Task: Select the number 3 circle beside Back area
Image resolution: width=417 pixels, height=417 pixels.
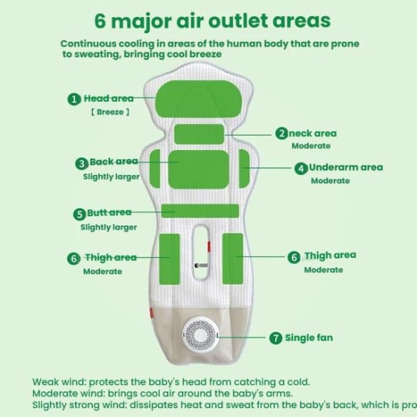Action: click(x=82, y=163)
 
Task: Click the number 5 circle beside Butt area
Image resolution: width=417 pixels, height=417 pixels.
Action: click(x=79, y=213)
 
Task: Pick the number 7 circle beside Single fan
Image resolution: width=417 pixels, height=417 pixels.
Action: click(x=276, y=338)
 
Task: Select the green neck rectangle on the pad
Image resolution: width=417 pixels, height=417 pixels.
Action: click(x=200, y=134)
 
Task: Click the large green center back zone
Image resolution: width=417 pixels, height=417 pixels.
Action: click(x=198, y=168)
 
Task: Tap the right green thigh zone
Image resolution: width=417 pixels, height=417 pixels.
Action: click(x=232, y=253)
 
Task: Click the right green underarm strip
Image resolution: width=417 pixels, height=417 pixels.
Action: click(x=244, y=167)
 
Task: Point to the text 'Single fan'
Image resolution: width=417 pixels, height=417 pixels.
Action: click(x=309, y=338)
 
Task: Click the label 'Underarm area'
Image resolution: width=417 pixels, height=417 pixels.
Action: click(x=346, y=167)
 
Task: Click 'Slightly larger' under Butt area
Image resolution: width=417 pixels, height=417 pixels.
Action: click(x=109, y=227)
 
